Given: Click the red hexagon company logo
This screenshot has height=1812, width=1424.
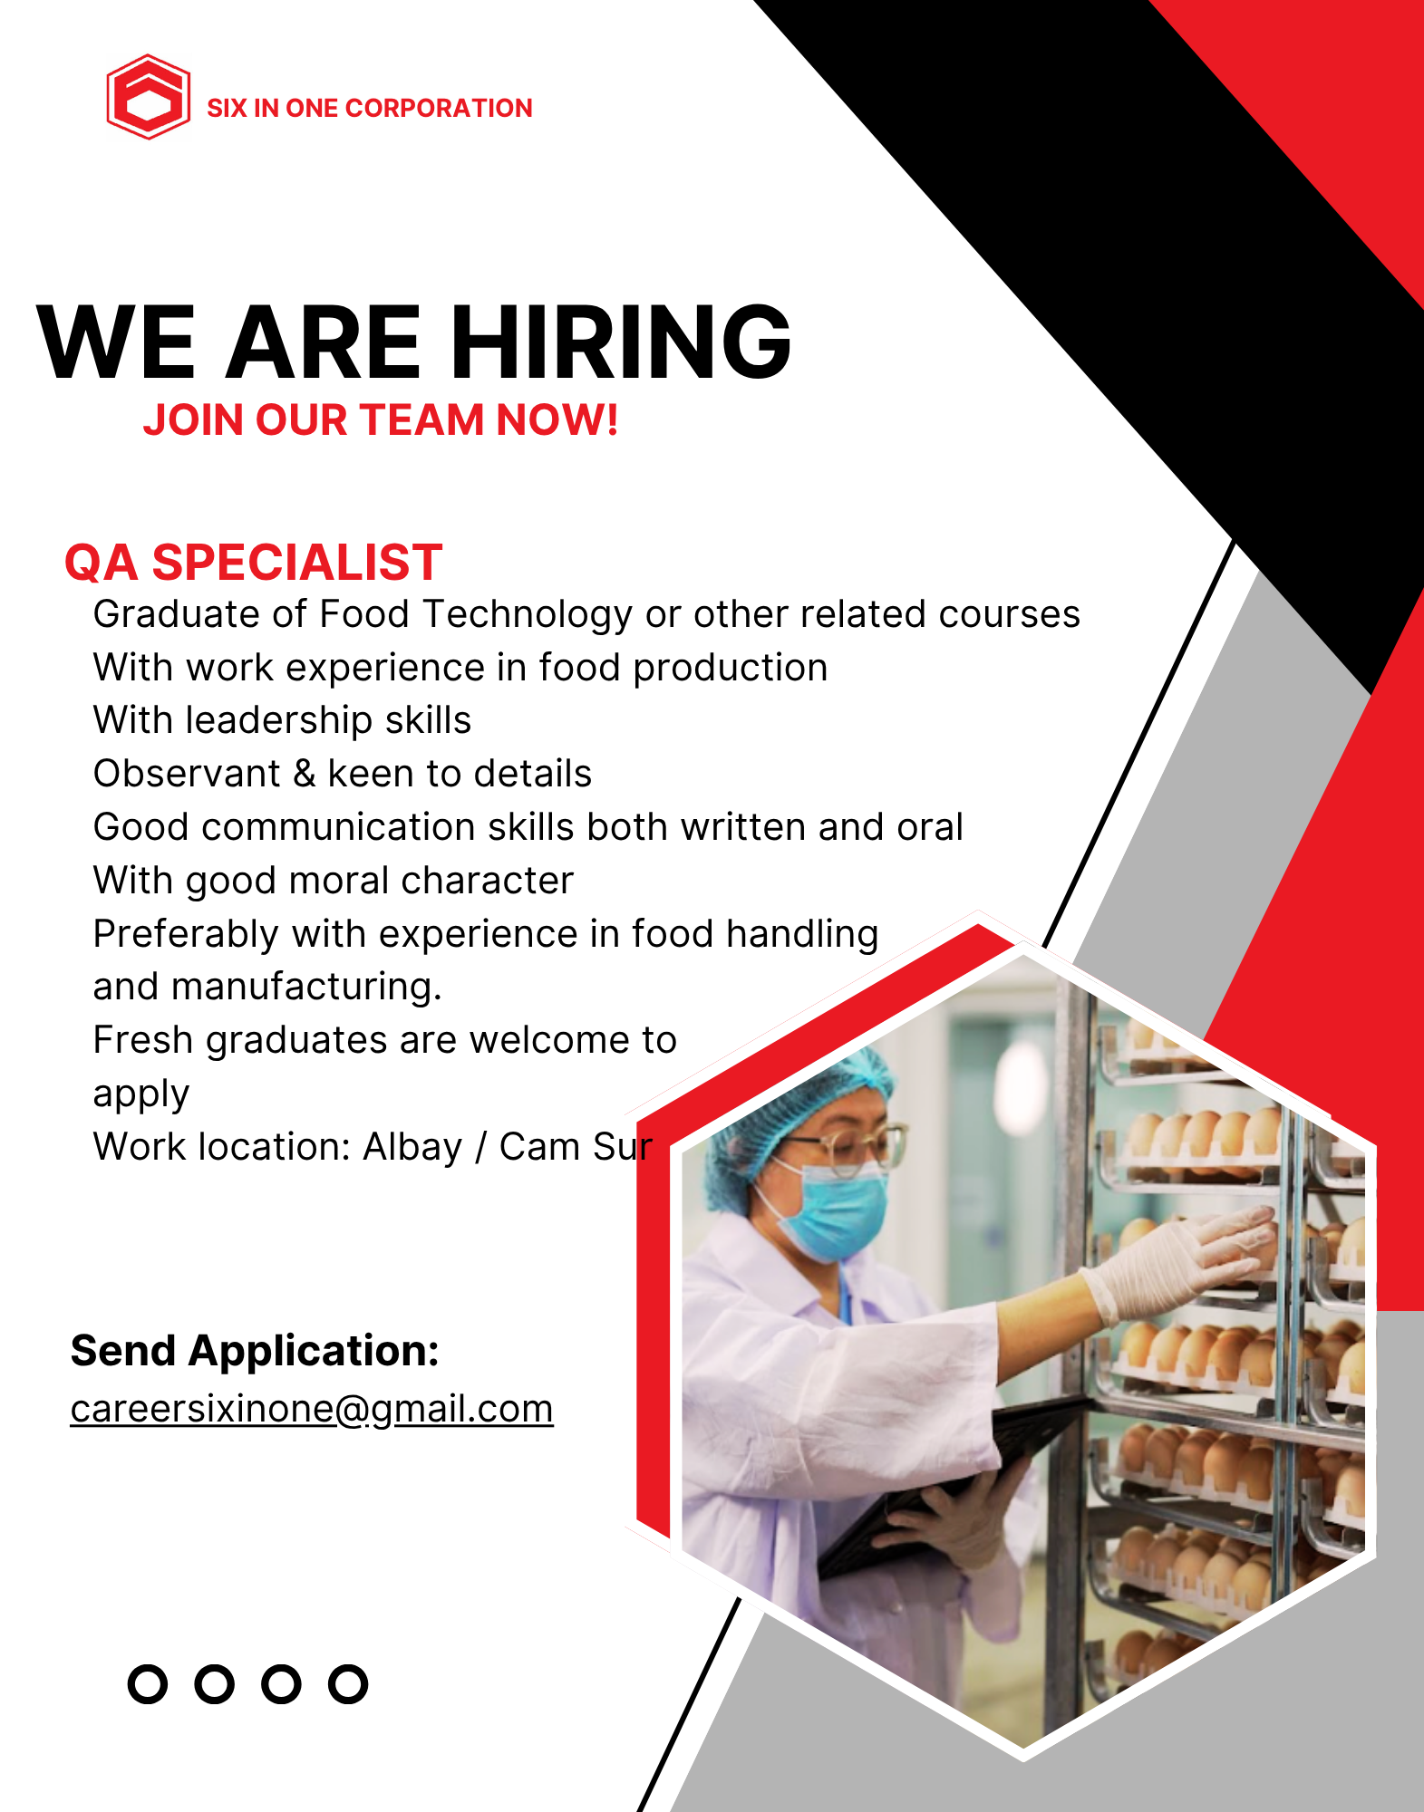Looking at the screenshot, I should pyautogui.click(x=148, y=97).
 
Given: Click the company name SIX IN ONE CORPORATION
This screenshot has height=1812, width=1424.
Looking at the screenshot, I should pyautogui.click(x=369, y=109).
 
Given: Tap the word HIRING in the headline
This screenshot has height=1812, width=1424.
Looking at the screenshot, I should pyautogui.click(x=621, y=342).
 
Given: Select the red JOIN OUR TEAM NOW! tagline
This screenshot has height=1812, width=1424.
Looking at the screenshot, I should pyautogui.click(x=381, y=420).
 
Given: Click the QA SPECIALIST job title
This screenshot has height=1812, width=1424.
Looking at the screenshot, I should pyautogui.click(x=253, y=563).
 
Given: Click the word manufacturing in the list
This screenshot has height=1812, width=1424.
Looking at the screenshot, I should pyautogui.click(x=305, y=987).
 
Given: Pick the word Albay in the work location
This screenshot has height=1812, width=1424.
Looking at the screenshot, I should pyautogui.click(x=412, y=1147).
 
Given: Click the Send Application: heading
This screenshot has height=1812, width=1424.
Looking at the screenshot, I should pyautogui.click(x=255, y=1351).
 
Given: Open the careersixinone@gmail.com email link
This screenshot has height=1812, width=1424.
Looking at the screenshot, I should pyautogui.click(x=312, y=1410).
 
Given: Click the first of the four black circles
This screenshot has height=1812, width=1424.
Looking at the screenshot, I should pyautogui.click(x=148, y=1684).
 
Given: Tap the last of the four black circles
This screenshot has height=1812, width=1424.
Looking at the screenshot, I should pyautogui.click(x=348, y=1684).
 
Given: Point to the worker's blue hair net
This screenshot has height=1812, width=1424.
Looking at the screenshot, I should pyautogui.click(x=798, y=1096).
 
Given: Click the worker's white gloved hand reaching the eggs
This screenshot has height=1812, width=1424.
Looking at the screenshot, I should pyautogui.click(x=1178, y=1259).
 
